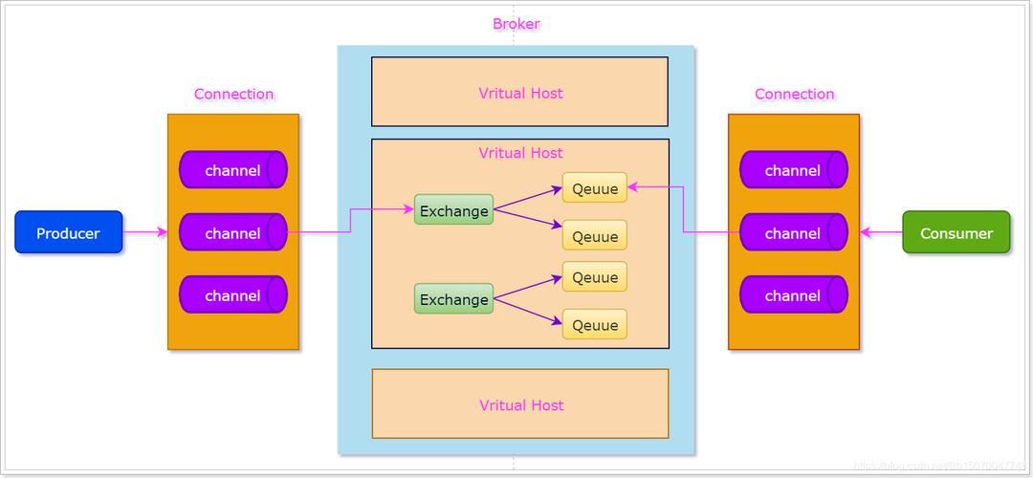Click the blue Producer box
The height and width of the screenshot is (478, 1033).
click(68, 232)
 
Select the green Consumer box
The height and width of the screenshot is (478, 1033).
click(956, 232)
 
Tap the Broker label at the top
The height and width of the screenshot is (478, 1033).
click(516, 24)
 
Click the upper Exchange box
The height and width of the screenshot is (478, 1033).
click(453, 210)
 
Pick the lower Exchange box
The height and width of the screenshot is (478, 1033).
click(453, 299)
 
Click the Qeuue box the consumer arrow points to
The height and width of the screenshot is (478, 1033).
click(594, 188)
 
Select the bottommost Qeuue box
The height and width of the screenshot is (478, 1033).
click(594, 325)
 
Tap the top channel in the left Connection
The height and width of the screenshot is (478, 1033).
click(232, 170)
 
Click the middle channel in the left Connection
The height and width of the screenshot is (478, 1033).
click(232, 232)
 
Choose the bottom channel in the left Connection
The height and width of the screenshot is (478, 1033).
click(232, 295)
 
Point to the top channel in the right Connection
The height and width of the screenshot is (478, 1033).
click(793, 170)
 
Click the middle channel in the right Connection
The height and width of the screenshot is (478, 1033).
click(793, 232)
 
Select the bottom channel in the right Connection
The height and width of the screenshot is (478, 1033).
click(793, 295)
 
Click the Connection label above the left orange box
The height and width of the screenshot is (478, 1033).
click(233, 94)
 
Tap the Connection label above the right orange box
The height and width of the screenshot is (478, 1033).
click(794, 94)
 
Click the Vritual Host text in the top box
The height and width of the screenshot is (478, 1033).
click(520, 93)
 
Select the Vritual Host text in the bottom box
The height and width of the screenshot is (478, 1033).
click(520, 404)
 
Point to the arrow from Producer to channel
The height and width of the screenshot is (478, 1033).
click(145, 232)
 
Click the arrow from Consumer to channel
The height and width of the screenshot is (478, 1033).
click(881, 232)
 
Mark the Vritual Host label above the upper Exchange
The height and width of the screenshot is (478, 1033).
click(520, 153)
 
